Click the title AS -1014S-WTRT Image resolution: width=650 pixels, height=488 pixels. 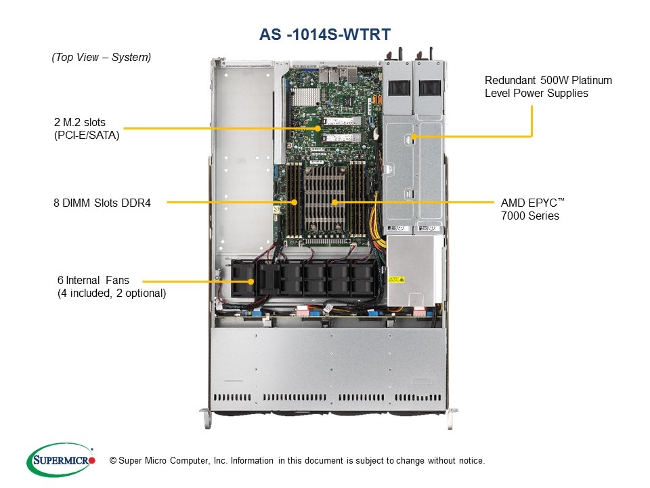pyautogui.click(x=325, y=34)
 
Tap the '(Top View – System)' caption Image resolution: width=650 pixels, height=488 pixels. pyautogui.click(x=102, y=58)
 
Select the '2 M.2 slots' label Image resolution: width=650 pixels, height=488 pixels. pyautogui.click(x=80, y=123)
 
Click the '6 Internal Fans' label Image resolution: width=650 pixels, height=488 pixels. pyautogui.click(x=93, y=280)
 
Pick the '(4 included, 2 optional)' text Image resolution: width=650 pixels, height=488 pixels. pyautogui.click(x=112, y=293)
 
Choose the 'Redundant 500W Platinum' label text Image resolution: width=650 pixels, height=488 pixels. pyautogui.click(x=548, y=80)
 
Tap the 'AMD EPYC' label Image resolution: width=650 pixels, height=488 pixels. pyautogui.click(x=532, y=203)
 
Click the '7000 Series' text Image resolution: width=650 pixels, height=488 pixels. pyautogui.click(x=530, y=216)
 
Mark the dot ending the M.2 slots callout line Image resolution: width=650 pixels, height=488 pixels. pyautogui.click(x=316, y=127)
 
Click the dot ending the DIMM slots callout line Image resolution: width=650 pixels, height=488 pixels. pyautogui.click(x=295, y=202)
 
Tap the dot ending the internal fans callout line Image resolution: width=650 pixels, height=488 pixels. pyautogui.click(x=252, y=281)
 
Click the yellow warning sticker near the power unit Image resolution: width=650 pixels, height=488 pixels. pyautogui.click(x=395, y=279)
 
